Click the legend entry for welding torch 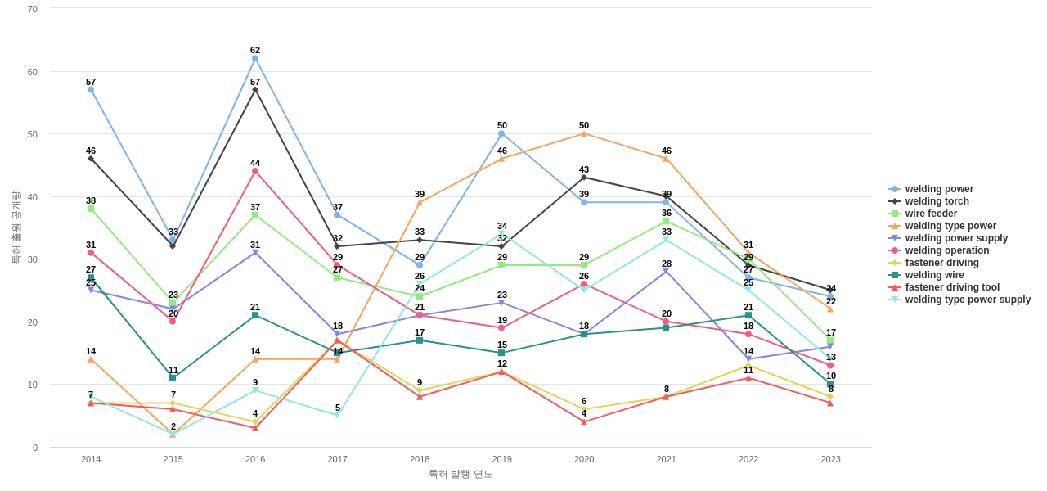click(937, 201)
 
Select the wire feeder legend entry click(930, 214)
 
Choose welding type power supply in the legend click(968, 300)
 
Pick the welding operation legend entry click(947, 250)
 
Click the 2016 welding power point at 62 click(255, 58)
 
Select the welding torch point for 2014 click(91, 159)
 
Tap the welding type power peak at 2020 click(584, 134)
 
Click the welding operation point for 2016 click(255, 171)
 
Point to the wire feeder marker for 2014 click(91, 209)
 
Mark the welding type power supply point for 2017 click(337, 415)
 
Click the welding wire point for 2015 click(173, 378)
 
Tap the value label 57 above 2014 click(91, 82)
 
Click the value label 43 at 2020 click(584, 169)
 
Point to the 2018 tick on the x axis click(420, 459)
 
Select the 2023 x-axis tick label click(830, 459)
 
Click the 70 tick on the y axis click(33, 9)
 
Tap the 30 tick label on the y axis click(33, 259)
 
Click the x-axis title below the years click(461, 474)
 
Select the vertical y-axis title click(16, 227)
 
